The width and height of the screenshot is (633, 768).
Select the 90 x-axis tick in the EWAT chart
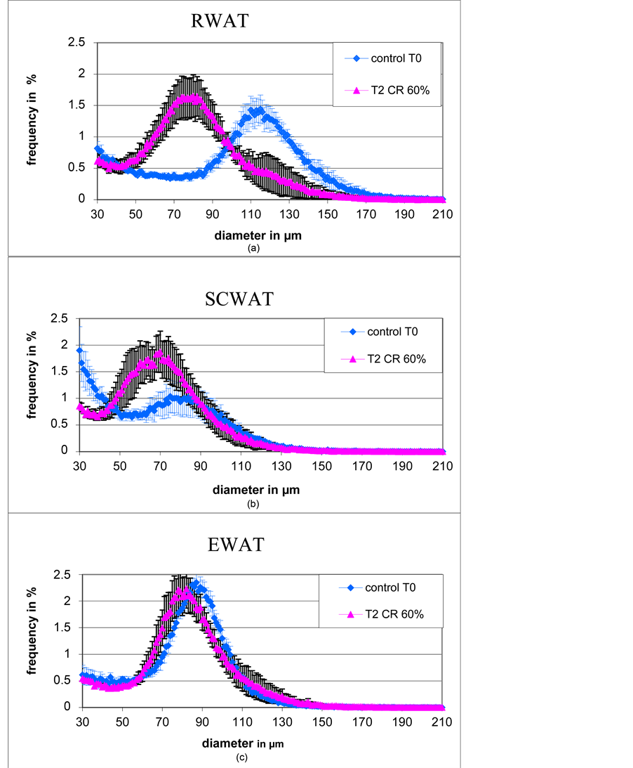(x=203, y=722)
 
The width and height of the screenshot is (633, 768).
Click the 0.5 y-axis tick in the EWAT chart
(x=65, y=680)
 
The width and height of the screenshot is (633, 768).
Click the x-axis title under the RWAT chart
(x=259, y=235)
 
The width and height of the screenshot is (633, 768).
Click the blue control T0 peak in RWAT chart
(x=260, y=110)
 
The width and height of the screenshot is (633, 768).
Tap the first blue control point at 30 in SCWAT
(x=80, y=351)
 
